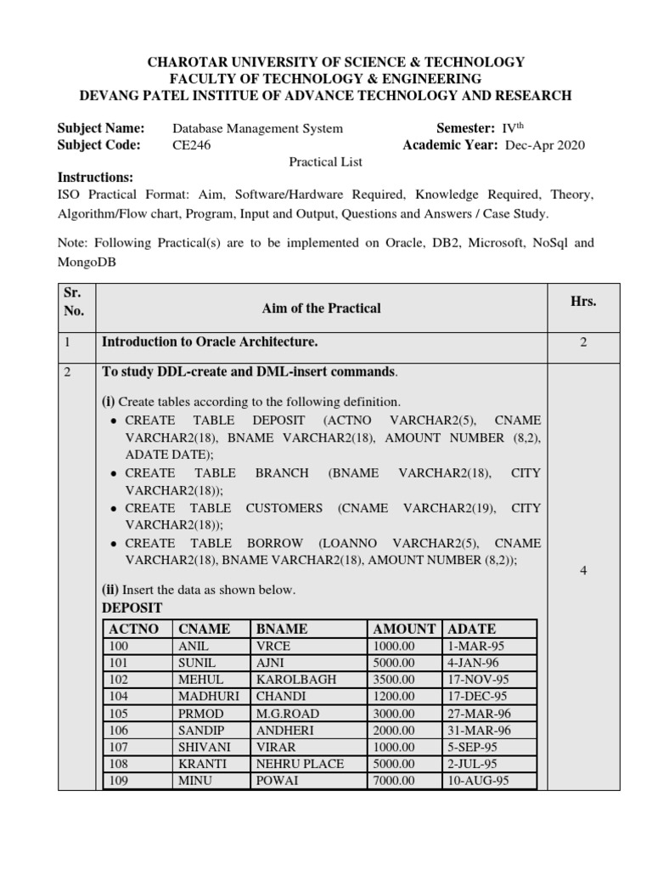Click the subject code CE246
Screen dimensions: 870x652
191,145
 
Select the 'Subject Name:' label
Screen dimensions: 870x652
101,128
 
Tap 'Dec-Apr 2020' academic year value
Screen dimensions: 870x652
544,145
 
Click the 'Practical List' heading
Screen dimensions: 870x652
325,161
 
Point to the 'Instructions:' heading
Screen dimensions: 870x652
95,178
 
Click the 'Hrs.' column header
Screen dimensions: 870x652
583,302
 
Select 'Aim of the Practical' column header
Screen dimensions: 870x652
321,308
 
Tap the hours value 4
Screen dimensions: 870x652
583,571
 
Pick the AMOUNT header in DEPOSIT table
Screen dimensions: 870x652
404,629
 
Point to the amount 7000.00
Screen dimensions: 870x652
394,781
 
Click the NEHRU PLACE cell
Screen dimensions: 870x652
300,764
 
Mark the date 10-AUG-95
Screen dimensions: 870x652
478,781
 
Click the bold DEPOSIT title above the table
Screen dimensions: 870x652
132,607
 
